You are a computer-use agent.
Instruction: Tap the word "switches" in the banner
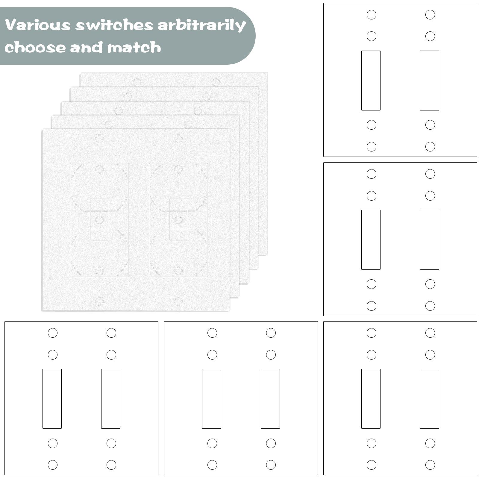(114, 25)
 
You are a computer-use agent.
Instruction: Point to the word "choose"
(35, 48)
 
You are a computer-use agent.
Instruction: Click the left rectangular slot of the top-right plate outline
(371, 81)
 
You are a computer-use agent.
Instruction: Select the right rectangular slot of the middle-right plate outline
(430, 240)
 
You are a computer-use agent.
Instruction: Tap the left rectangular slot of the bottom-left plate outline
(52, 399)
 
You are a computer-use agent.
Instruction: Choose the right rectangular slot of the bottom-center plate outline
(270, 399)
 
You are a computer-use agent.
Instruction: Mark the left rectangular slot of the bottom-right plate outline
(371, 399)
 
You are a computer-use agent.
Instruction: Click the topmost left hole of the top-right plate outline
(372, 15)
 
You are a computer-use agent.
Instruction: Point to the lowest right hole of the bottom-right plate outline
(430, 465)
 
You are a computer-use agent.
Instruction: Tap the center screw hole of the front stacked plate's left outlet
(99, 220)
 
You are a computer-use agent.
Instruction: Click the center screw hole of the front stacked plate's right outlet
(178, 220)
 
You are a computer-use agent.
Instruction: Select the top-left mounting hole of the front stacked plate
(99, 139)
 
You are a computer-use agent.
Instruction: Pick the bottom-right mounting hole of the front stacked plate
(178, 301)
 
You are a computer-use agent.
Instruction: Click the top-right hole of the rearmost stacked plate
(216, 82)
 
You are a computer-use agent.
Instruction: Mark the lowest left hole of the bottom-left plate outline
(53, 465)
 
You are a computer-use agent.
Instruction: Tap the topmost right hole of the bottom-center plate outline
(271, 333)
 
